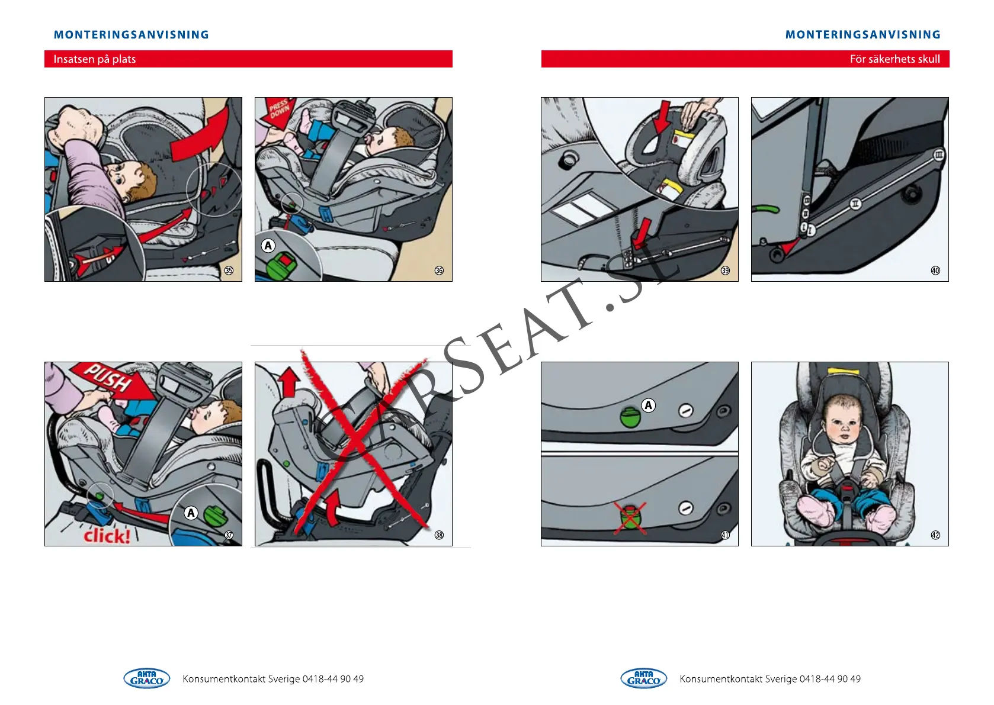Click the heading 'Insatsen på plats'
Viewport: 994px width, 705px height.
click(x=95, y=59)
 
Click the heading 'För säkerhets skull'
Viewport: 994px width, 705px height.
click(x=894, y=59)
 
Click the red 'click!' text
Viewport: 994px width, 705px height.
click(x=107, y=536)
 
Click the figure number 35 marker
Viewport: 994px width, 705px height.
click(x=229, y=271)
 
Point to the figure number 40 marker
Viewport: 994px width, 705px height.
click(x=935, y=271)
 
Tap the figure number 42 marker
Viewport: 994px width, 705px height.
click(x=935, y=535)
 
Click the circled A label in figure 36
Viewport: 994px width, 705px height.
click(x=268, y=246)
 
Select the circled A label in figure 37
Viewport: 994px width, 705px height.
click(x=191, y=513)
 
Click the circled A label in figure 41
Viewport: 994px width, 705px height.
click(x=648, y=405)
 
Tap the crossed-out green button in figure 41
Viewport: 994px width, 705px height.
click(x=630, y=519)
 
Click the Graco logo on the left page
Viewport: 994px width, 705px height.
click(x=146, y=678)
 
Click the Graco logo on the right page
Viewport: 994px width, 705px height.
click(x=643, y=678)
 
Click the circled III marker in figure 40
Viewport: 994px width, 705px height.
click(x=939, y=155)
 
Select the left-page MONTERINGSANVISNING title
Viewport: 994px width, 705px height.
click(x=132, y=34)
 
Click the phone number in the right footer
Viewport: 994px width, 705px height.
click(x=830, y=679)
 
